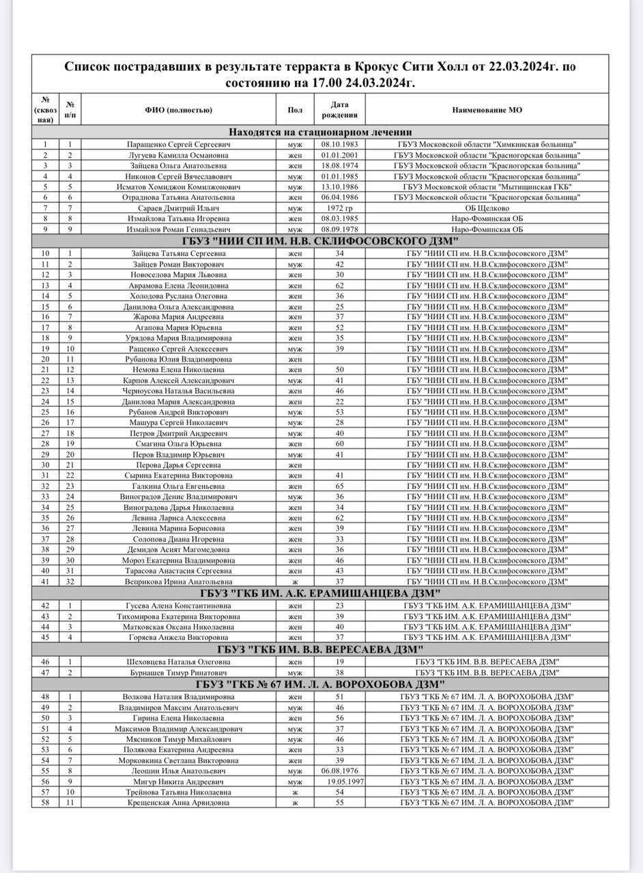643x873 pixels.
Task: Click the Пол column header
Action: point(295,110)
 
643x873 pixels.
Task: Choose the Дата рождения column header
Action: point(340,110)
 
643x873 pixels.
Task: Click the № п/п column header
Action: point(70,110)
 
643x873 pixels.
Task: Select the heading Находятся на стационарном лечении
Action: point(319,132)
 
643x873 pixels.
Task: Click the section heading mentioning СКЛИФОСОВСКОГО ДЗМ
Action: point(319,242)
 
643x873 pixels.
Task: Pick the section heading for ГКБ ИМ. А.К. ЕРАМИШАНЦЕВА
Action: point(319,593)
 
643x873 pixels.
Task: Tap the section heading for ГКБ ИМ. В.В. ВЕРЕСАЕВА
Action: point(319,648)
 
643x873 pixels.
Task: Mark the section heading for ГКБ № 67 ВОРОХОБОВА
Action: point(319,684)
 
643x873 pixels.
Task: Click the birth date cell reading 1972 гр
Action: point(340,208)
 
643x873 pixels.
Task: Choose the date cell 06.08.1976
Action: point(340,771)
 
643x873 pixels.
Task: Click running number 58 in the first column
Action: point(45,803)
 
